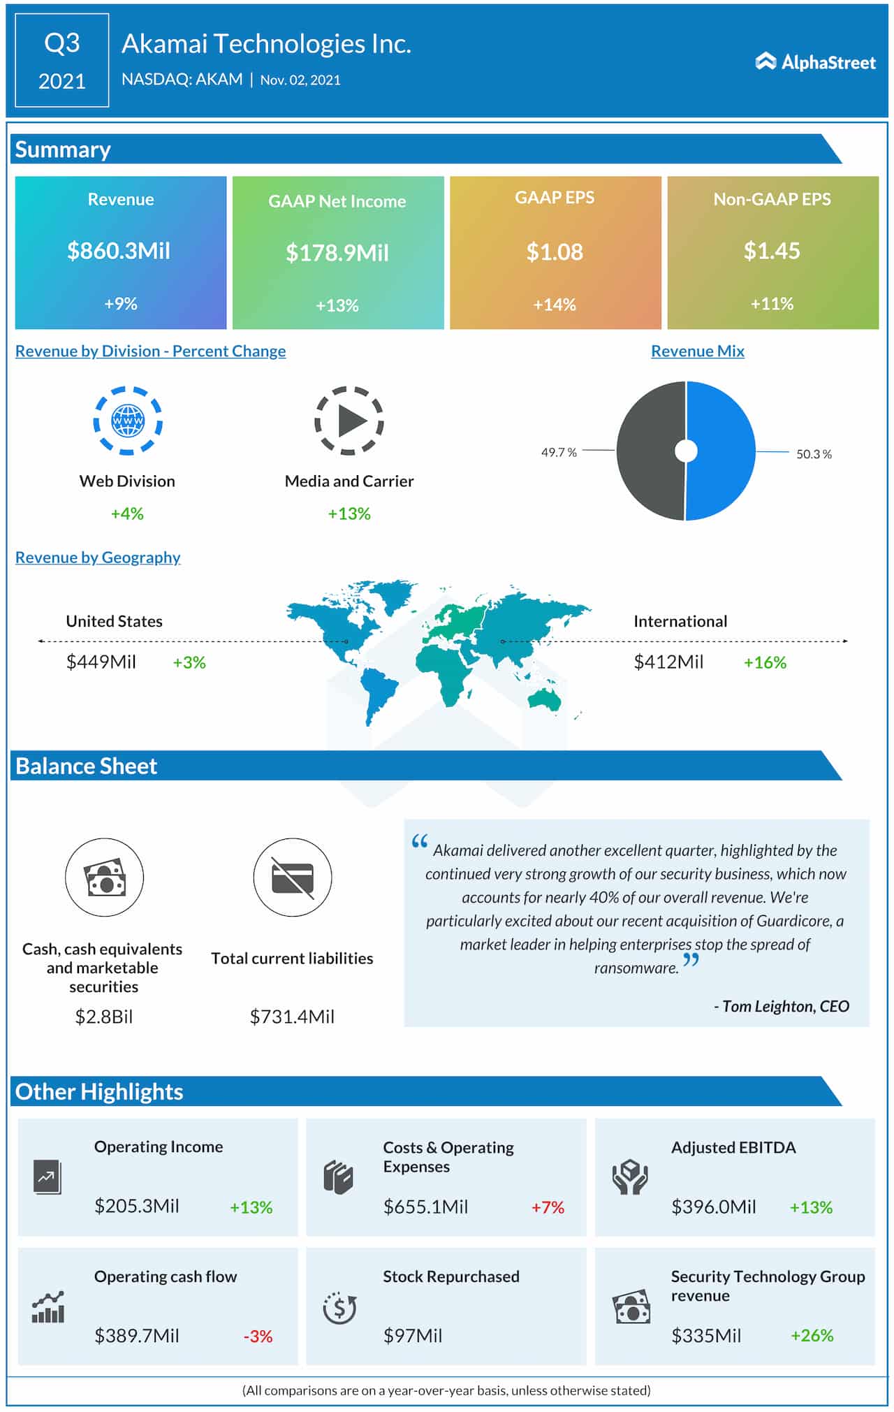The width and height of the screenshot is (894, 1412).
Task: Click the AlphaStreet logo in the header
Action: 815,62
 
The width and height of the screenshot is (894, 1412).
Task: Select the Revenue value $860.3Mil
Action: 119,251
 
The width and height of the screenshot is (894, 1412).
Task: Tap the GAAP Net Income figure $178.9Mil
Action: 337,253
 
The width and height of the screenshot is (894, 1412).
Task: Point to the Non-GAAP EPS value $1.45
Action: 772,251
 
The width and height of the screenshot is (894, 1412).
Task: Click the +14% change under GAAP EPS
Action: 555,305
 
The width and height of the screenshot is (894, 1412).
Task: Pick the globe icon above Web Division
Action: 128,421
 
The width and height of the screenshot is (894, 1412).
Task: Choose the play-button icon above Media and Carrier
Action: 349,421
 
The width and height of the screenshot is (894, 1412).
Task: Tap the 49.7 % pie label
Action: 559,453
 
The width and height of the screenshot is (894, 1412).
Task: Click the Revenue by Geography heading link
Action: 98,558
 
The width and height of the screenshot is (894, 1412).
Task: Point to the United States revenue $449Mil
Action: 101,662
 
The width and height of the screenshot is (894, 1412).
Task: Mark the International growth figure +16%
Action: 765,662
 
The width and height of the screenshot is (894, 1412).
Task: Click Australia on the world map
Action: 544,698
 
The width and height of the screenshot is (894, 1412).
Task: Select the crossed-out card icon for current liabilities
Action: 292,878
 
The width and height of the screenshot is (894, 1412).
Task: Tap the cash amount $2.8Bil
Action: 104,1017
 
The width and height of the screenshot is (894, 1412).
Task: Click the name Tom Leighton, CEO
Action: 782,1006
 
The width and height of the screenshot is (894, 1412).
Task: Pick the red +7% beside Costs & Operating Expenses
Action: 548,1207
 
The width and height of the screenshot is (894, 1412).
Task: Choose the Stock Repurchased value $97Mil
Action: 413,1336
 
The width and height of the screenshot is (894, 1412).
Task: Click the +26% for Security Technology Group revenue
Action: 812,1336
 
